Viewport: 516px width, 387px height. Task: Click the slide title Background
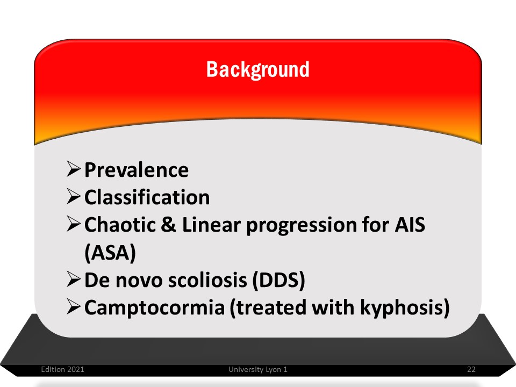(257, 69)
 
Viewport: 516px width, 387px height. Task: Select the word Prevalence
(137, 170)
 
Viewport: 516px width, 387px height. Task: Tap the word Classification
(147, 197)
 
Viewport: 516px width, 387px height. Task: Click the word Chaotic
(120, 225)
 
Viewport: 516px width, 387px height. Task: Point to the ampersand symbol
(168, 225)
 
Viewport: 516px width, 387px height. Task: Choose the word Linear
(211, 225)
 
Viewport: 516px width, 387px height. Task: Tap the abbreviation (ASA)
(110, 253)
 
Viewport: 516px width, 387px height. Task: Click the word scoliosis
(207, 280)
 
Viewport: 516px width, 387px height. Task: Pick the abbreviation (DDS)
(279, 281)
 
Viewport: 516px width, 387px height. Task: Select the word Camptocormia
(154, 309)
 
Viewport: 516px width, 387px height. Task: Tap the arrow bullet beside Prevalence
(74, 169)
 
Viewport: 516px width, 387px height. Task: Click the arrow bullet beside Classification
(74, 197)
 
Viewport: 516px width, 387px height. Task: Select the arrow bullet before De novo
(74, 279)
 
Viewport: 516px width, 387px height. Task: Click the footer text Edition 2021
(62, 370)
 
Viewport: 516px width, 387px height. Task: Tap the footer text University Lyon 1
(258, 370)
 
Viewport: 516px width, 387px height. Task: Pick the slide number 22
(471, 370)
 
